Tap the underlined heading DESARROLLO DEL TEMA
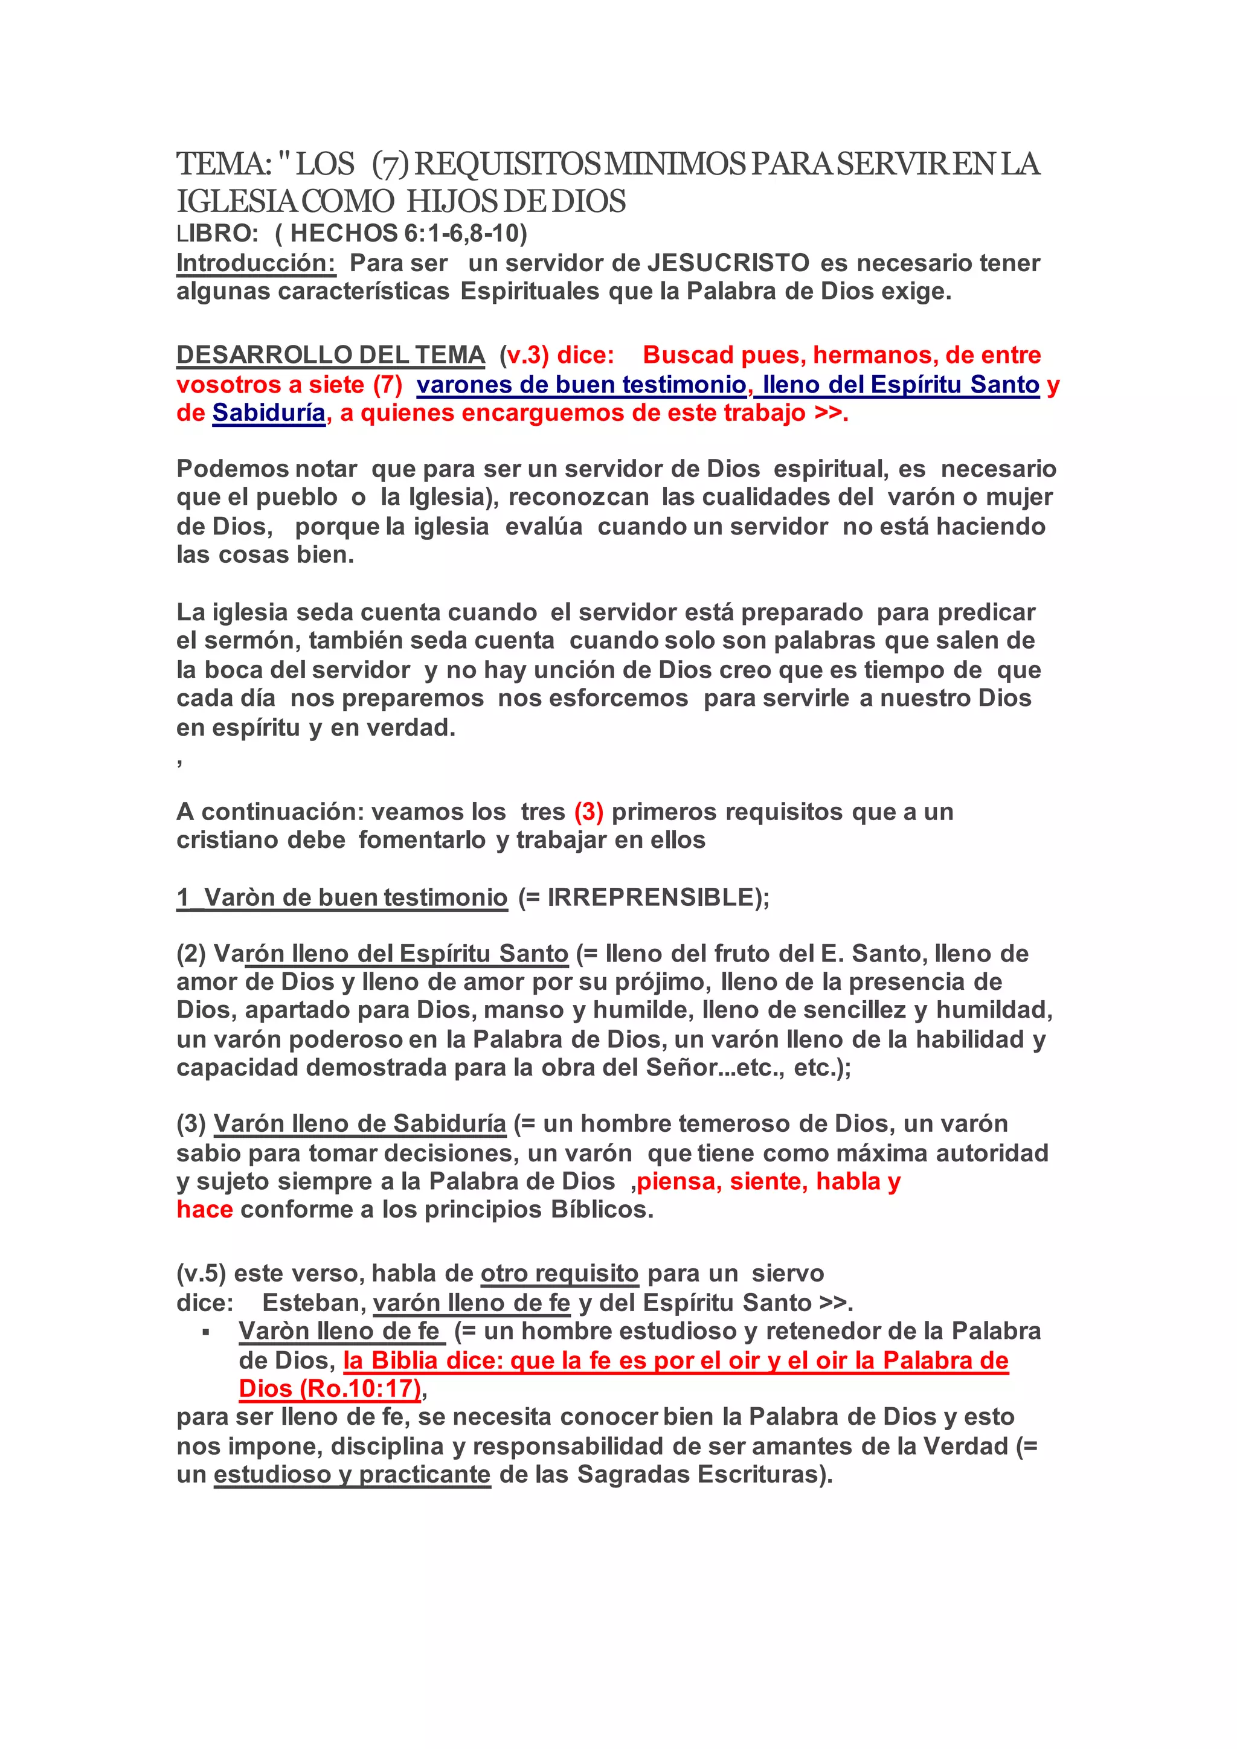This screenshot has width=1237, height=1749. pos(330,355)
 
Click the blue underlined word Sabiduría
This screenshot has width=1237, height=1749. pos(269,413)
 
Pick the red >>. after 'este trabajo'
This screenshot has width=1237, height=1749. pos(831,413)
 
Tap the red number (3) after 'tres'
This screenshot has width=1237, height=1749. pos(589,812)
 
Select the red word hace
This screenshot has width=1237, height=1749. pos(204,1210)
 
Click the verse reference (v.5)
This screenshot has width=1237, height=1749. pos(201,1274)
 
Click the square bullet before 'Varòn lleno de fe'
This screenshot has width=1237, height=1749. pos(205,1332)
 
